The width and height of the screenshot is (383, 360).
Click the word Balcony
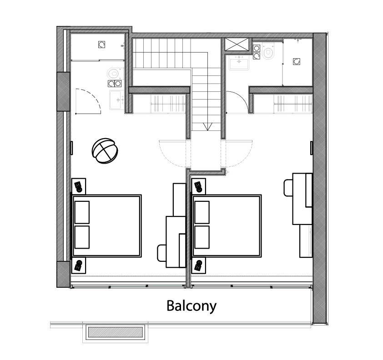click(191, 306)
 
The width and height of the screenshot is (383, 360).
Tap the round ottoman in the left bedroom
click(105, 150)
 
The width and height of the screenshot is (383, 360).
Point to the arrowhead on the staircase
click(207, 127)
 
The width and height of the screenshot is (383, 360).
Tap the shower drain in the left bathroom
click(101, 45)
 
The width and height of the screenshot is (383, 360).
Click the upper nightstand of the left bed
click(79, 186)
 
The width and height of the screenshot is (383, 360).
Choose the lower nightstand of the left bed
click(79, 265)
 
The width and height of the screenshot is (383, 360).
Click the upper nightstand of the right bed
click(199, 186)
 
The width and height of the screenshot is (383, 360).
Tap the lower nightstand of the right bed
click(199, 265)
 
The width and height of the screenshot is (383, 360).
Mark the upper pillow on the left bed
click(82, 212)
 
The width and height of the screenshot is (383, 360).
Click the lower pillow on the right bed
click(202, 237)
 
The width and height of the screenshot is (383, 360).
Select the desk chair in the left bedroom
click(161, 253)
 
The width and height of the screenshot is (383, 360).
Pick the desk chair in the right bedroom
click(288, 187)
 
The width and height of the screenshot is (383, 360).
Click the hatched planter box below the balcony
click(116, 332)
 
